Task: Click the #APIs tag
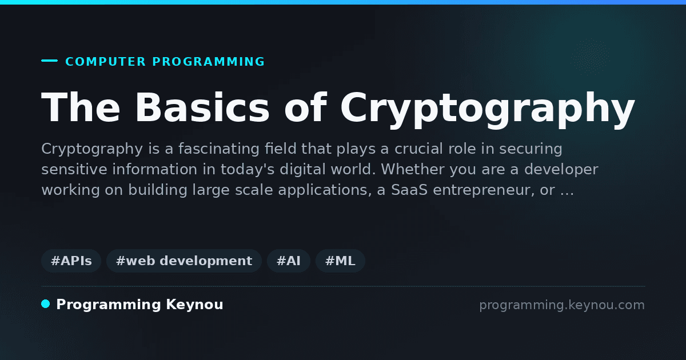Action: pos(71,261)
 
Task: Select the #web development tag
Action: pos(184,261)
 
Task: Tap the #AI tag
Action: pos(289,261)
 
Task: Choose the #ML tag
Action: pos(340,261)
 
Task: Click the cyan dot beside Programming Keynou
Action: pos(46,304)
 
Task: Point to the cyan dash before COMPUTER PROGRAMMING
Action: pos(49,61)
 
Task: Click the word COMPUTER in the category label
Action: pos(106,62)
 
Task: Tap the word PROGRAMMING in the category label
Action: pos(208,62)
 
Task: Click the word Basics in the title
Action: pos(202,107)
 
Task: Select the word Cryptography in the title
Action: pos(488,109)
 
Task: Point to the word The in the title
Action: pos(81,107)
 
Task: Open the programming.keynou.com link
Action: pos(562,305)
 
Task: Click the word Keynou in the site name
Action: pos(194,305)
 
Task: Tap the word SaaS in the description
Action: pos(409,190)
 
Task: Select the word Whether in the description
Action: pos(413,169)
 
